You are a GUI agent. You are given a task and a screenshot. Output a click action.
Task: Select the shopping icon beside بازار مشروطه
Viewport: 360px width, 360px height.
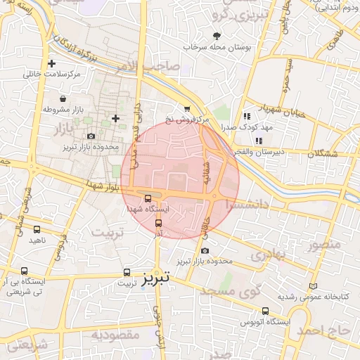tap(65, 98)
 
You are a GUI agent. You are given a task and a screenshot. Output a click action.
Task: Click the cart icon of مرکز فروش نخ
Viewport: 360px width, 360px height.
tap(186, 108)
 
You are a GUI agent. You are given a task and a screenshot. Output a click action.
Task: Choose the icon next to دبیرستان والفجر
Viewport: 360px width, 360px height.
tap(259, 141)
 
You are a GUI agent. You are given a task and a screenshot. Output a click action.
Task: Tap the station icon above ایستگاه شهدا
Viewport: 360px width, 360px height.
tap(147, 198)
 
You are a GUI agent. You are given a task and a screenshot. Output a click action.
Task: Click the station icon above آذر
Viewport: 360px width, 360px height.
tap(158, 222)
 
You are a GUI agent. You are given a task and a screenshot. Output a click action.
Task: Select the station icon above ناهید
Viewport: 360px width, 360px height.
tap(37, 229)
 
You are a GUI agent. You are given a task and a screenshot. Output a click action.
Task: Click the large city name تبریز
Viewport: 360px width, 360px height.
tap(156, 278)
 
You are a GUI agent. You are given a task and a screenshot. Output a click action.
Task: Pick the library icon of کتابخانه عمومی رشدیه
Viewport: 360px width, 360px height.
tap(313, 285)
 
